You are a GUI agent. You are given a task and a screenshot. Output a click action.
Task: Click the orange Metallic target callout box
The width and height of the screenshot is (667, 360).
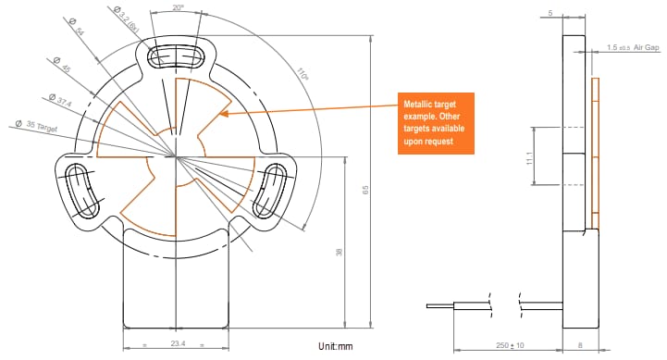(x=435, y=122)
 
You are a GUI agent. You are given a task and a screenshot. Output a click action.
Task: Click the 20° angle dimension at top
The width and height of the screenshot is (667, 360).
(x=179, y=7)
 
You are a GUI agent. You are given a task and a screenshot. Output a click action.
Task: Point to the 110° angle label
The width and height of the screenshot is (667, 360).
(x=303, y=74)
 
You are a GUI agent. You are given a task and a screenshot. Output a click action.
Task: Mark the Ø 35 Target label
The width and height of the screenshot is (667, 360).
(x=37, y=124)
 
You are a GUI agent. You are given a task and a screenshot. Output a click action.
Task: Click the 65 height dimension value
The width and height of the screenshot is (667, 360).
(x=365, y=190)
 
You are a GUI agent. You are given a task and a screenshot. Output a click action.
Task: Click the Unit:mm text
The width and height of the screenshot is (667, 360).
(x=335, y=346)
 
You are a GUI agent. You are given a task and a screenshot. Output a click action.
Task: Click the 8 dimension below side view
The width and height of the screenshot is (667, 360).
(x=580, y=345)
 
